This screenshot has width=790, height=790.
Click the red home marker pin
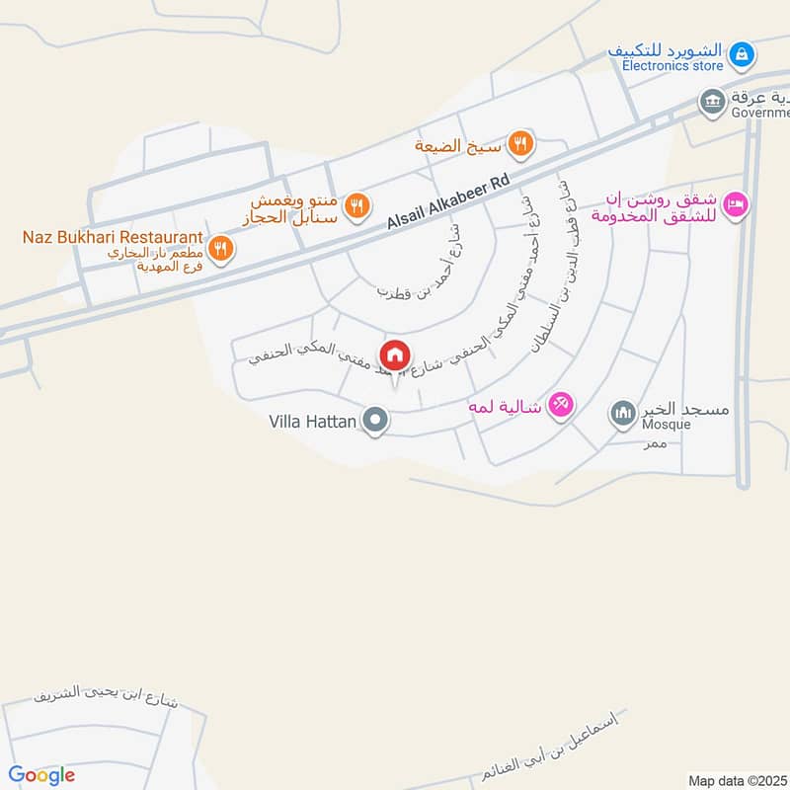(x=395, y=355)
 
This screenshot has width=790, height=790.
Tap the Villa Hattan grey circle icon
(x=374, y=422)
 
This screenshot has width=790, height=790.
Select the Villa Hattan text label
(x=313, y=422)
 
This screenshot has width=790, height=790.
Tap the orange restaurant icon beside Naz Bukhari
(x=221, y=248)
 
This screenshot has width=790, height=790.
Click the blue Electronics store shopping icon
(x=745, y=51)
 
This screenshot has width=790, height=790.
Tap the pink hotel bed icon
(x=736, y=206)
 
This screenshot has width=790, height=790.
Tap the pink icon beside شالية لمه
(x=561, y=405)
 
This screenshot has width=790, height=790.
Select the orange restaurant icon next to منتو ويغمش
(x=357, y=205)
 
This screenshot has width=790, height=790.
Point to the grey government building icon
(x=711, y=101)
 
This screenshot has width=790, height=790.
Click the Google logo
(x=41, y=775)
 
